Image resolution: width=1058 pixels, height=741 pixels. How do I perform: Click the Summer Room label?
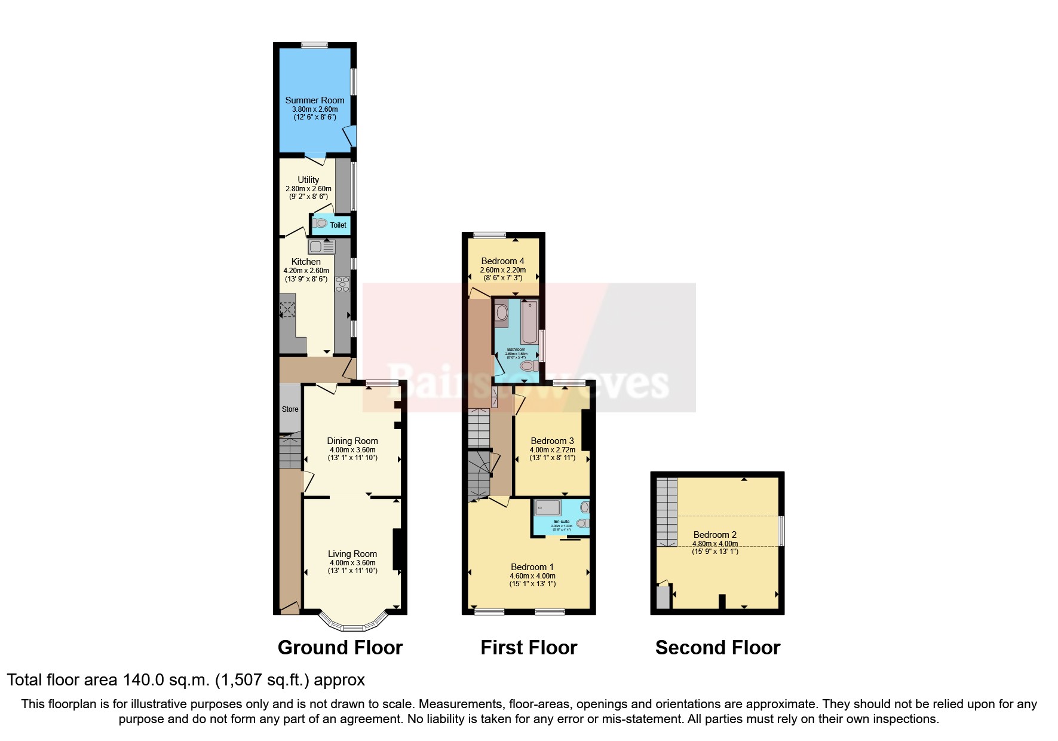pos(314,100)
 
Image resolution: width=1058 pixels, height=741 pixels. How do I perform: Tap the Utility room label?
pos(308,180)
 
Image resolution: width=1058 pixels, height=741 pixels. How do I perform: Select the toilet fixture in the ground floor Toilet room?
pos(320,223)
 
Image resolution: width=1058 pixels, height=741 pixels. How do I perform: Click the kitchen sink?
pos(321,246)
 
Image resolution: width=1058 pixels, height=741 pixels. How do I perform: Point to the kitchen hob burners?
pos(343,284)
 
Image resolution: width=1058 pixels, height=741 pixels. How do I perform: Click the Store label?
pos(290,409)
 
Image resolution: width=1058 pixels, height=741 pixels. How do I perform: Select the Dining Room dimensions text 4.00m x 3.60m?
pos(352,450)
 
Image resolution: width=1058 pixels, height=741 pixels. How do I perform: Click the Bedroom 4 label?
pos(502,261)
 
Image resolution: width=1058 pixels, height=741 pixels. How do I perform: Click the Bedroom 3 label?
pos(552,441)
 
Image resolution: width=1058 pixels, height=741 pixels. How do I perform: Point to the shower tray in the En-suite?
pos(548,507)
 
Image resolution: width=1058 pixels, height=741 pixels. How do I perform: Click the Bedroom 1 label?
pos(532,567)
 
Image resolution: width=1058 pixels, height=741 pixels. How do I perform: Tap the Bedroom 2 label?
pos(714,535)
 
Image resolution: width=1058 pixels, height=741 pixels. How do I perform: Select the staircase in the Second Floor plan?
pos(667,512)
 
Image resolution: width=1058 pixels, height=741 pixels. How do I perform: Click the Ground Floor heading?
pos(340,648)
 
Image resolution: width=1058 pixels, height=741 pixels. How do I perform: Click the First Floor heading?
pos(529,648)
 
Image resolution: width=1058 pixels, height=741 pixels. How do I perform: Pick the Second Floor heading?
pos(717,648)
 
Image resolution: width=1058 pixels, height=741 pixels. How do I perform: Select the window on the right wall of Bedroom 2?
pos(781,531)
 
